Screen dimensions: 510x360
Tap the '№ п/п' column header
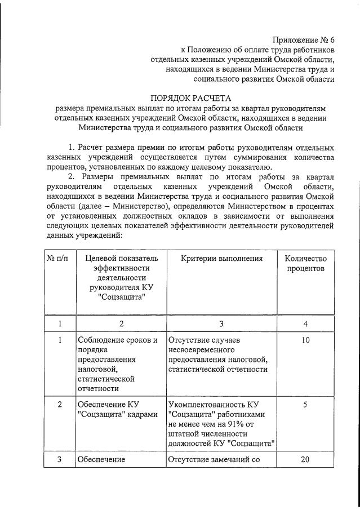tap(59, 258)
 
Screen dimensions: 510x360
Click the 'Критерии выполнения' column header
tap(221, 258)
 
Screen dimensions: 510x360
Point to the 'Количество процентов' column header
tap(305, 263)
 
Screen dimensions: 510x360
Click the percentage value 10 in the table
tap(305, 340)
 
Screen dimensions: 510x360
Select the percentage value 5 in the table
tap(305, 404)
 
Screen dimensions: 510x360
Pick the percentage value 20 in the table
tap(305, 459)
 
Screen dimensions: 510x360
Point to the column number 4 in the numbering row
tap(305, 323)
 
